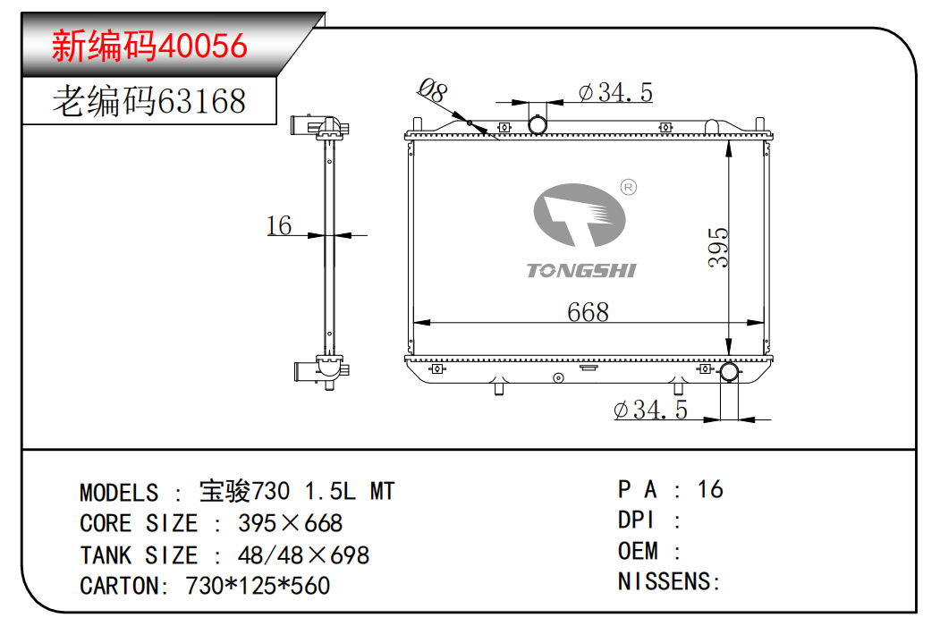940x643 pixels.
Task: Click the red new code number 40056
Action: (202, 46)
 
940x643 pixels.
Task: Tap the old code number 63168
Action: (201, 101)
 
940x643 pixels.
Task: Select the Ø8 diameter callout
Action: (433, 90)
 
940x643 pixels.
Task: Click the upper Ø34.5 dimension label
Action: (615, 92)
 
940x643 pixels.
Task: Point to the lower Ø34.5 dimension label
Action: (651, 410)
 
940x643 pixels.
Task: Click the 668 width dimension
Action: (589, 311)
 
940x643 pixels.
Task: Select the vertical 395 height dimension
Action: (718, 247)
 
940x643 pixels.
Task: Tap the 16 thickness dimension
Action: (279, 226)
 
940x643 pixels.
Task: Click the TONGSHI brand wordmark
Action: (581, 271)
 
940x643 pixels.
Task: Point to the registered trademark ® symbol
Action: (628, 188)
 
